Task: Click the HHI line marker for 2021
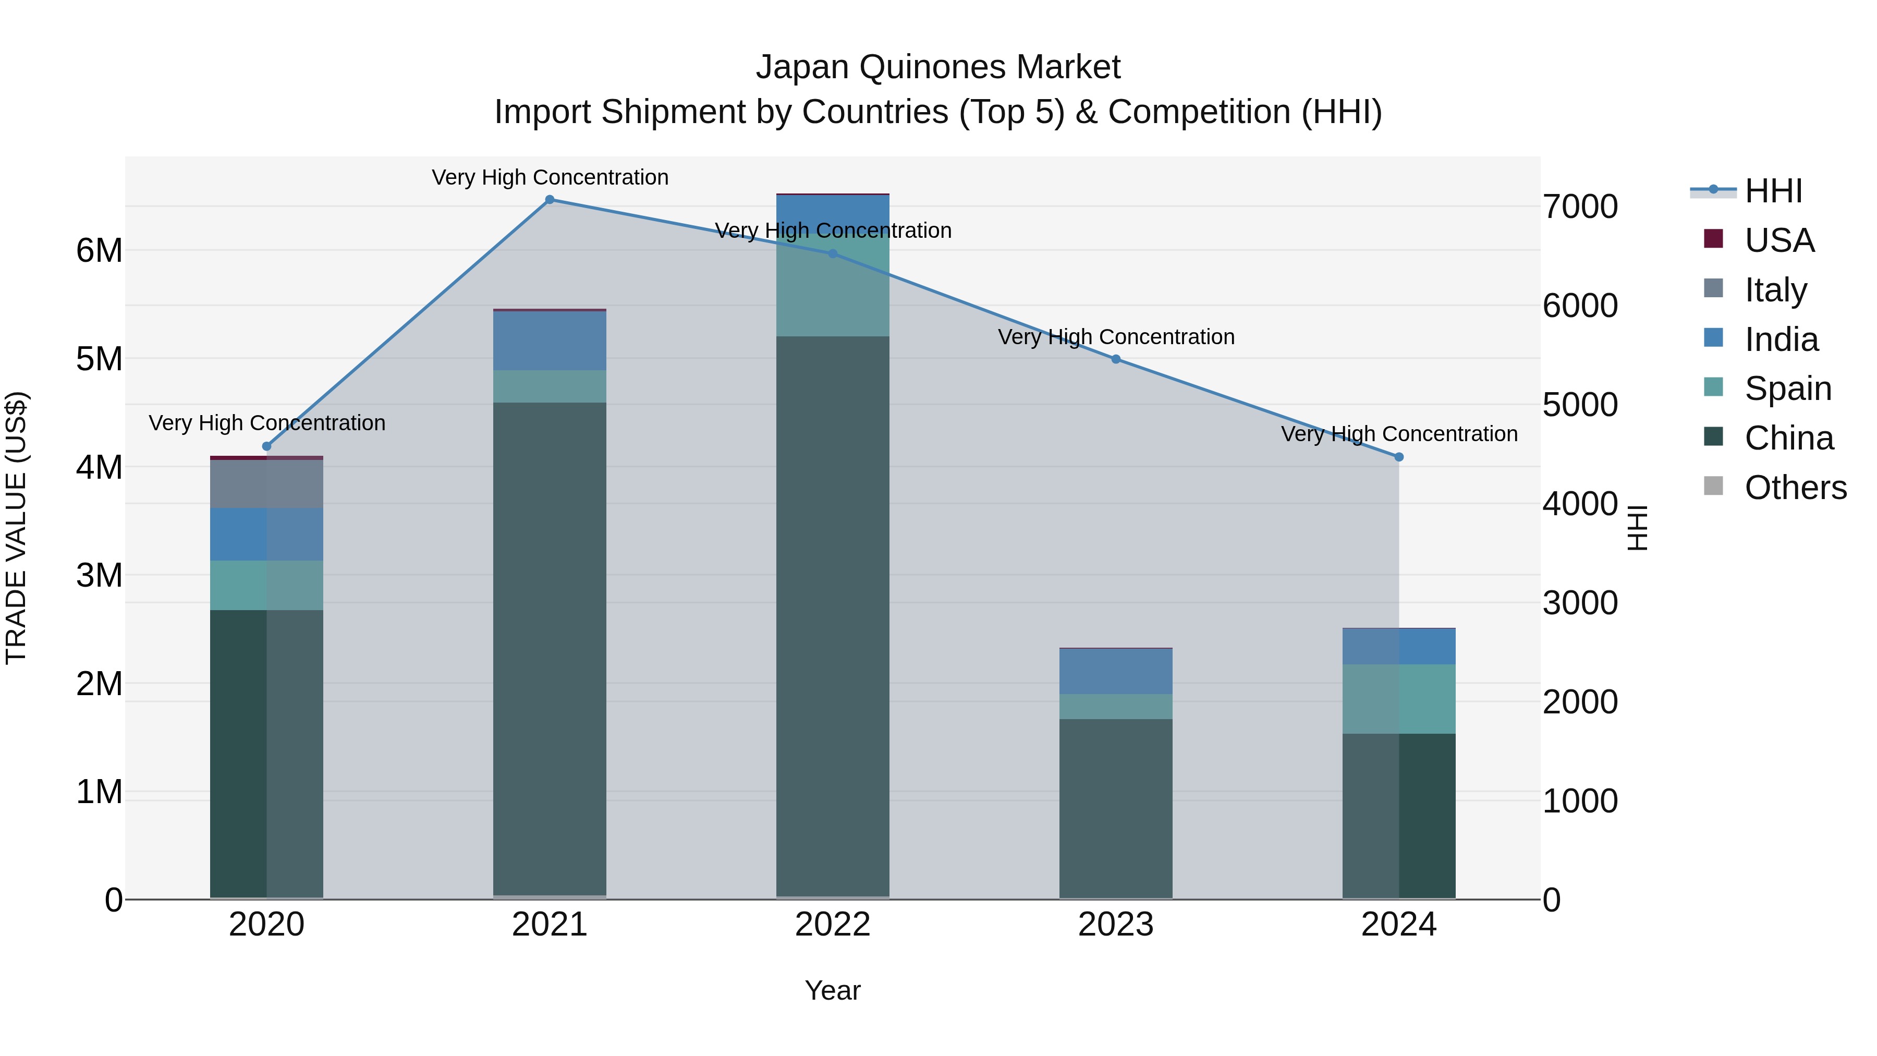(550, 200)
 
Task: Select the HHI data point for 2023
(1116, 359)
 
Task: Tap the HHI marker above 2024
(1398, 457)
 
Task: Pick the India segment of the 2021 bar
(550, 341)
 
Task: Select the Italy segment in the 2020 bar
(266, 483)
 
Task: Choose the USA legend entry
(1778, 240)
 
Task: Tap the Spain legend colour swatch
(1713, 387)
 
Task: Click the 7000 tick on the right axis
(1580, 207)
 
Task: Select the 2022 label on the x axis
(832, 925)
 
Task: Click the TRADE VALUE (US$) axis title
(16, 528)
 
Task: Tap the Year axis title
(832, 990)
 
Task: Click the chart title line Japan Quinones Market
(938, 67)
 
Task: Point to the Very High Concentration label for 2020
(266, 423)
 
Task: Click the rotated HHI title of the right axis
(1637, 528)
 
